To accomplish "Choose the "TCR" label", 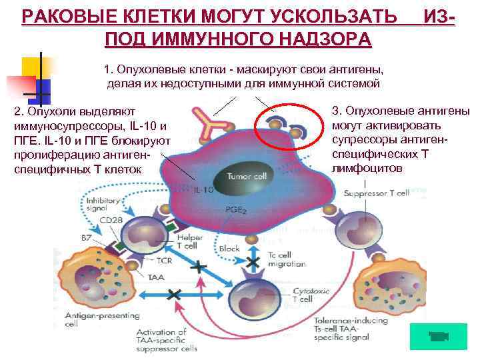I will (163, 261).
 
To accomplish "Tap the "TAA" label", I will (156, 277).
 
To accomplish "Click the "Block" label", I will (229, 249).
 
